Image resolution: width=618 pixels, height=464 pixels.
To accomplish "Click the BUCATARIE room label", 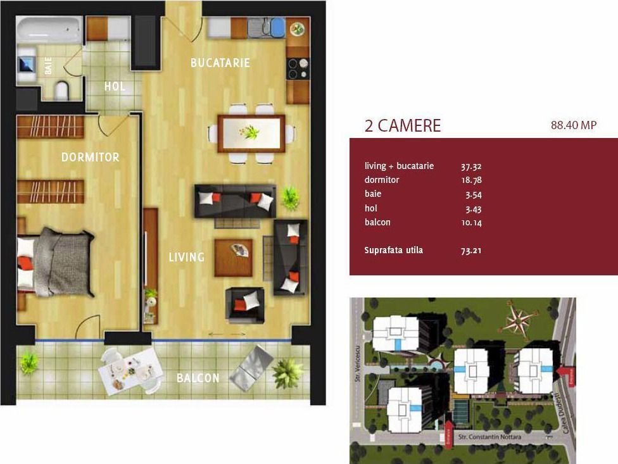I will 220,63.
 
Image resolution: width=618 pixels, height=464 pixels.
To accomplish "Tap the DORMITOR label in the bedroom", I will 90,157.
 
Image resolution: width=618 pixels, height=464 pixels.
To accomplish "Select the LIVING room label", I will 186,258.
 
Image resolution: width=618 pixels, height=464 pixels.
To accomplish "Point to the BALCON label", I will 198,378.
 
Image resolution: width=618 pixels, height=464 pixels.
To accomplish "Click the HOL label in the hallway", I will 115,86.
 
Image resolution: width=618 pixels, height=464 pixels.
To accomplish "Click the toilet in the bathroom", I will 62,90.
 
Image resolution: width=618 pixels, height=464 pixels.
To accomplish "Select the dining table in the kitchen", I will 251,133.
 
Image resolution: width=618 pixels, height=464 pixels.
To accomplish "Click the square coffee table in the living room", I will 233,257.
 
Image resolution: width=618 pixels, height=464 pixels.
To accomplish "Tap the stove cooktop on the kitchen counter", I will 298,68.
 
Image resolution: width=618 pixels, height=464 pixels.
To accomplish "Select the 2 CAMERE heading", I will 402,125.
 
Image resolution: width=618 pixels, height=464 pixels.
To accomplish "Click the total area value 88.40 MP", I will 574,125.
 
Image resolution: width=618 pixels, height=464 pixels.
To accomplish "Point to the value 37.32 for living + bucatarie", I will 471,166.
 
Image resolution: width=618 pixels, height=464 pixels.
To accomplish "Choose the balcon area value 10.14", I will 471,222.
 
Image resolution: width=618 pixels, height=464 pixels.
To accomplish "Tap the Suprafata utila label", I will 393,250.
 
